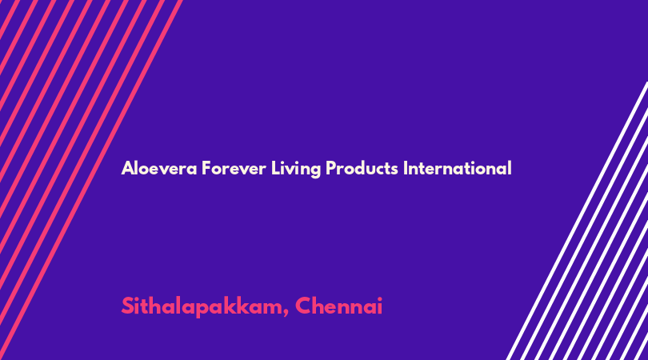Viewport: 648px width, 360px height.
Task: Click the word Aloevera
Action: click(159, 168)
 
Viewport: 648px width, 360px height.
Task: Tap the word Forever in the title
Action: click(234, 168)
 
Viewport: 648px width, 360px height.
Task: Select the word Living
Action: click(296, 169)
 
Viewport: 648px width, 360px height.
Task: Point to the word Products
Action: click(362, 168)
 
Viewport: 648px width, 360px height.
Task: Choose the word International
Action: click(457, 168)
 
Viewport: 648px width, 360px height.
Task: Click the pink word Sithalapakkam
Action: click(202, 306)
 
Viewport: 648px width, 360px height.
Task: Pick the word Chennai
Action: click(339, 306)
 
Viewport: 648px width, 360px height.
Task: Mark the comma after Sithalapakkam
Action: click(286, 313)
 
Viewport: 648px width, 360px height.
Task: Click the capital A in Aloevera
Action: click(128, 168)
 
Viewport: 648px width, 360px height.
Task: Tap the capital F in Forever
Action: click(206, 168)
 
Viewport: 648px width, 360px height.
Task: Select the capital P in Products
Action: click(331, 168)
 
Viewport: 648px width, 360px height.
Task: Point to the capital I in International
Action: click(406, 168)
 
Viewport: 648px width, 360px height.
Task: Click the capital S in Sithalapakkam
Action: click(128, 306)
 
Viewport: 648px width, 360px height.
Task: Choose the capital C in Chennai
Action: click(305, 306)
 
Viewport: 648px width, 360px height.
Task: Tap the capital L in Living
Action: click(275, 168)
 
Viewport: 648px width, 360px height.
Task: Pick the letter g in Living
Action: click(315, 171)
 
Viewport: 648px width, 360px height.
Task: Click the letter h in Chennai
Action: click(322, 306)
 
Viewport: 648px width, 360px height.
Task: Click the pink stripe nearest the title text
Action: click(91, 180)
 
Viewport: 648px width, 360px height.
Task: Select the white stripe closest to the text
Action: click(577, 221)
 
